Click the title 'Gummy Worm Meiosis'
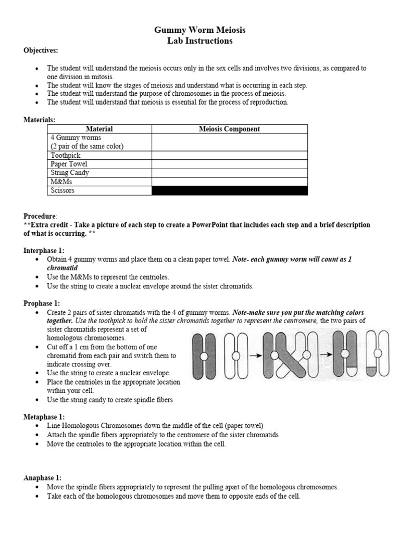pos(200,30)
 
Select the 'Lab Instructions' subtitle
pos(200,41)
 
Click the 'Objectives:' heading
pos(41,50)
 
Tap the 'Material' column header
pos(99,129)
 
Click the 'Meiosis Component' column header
pos(229,129)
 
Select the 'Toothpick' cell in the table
pos(66,155)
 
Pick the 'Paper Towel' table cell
pos(69,164)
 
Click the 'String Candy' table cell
pos(70,173)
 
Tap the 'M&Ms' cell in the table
pos(62,182)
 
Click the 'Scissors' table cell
pos(63,191)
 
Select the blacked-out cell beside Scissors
pos(229,191)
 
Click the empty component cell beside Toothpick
pos(229,155)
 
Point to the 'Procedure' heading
pos(40,216)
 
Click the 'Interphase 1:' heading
pos(44,250)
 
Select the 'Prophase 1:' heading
pos(42,303)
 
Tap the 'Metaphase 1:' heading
pos(44,417)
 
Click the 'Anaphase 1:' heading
pos(43,477)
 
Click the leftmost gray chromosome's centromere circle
pos(204,356)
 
